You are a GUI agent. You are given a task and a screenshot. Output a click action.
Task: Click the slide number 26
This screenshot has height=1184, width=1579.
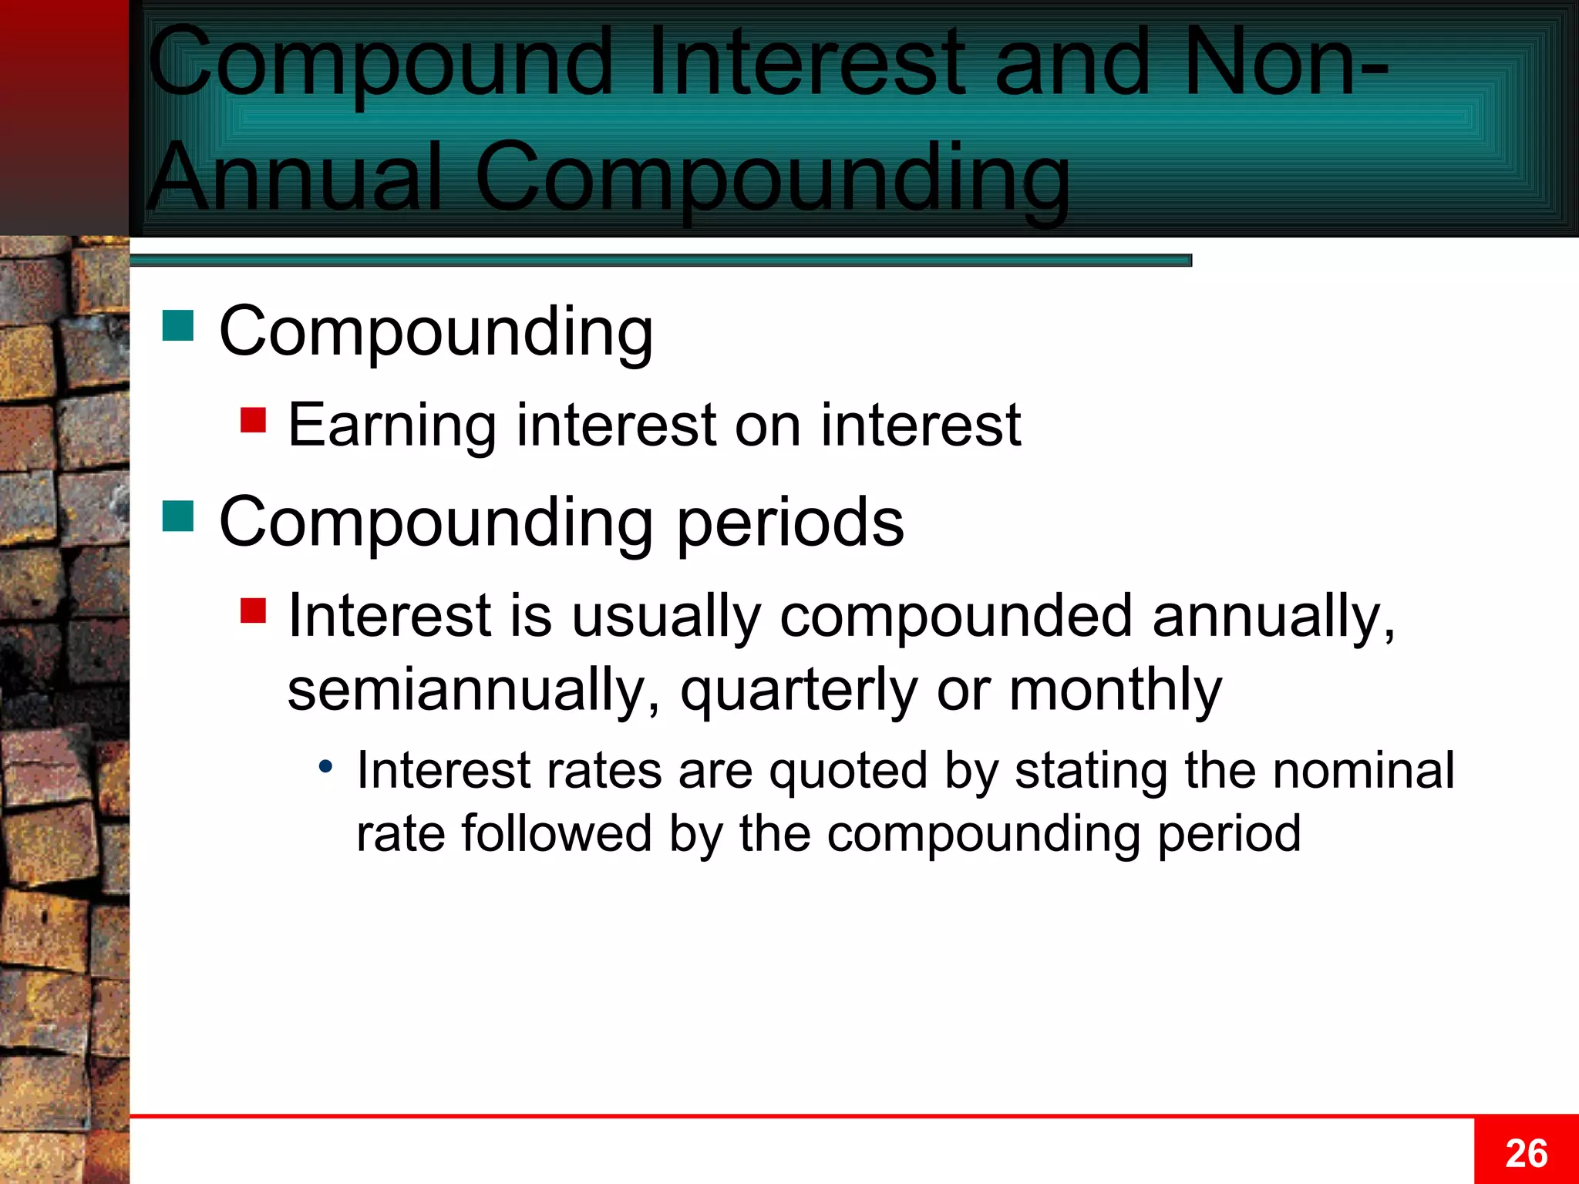tap(1526, 1153)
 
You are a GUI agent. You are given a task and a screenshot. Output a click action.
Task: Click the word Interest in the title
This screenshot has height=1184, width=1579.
tap(806, 62)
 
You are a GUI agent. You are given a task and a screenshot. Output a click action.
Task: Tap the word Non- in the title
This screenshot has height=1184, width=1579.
tap(1284, 62)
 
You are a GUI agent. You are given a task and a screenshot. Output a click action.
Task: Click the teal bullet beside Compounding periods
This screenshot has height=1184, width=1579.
tap(178, 516)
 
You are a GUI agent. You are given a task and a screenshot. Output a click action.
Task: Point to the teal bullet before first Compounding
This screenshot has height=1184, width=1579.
tap(178, 325)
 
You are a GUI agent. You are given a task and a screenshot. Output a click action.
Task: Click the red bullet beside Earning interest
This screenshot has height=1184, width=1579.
tap(253, 420)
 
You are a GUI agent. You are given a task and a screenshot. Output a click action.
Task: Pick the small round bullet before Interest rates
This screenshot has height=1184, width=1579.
tap(326, 766)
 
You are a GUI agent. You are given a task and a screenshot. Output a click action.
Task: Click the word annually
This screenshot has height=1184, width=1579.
tap(1273, 617)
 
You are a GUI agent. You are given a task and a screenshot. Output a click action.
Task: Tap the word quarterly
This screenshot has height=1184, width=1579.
tap(798, 690)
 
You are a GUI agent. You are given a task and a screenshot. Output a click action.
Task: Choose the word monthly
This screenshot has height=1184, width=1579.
tap(1115, 690)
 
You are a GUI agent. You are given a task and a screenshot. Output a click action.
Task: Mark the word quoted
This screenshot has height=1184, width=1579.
tap(848, 770)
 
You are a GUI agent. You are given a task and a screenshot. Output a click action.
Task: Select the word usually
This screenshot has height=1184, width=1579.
tap(666, 617)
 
